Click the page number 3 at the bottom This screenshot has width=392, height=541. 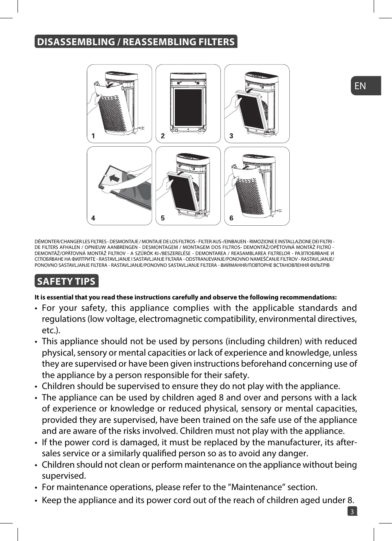pos(352,511)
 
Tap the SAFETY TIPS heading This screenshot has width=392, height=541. pos(66,281)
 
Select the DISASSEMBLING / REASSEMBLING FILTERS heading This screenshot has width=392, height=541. pos(136,42)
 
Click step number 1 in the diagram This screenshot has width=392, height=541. pos(93,136)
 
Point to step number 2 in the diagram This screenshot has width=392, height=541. pos(163,136)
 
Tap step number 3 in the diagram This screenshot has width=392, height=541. pos(231,136)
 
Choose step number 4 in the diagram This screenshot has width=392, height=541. pos(93,218)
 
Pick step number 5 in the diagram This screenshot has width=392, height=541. pos(163,218)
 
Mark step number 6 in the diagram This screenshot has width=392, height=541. pos(231,218)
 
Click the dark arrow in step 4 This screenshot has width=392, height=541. pos(115,178)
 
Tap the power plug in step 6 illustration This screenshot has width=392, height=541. pos(280,210)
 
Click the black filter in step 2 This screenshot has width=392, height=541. pos(188,107)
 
